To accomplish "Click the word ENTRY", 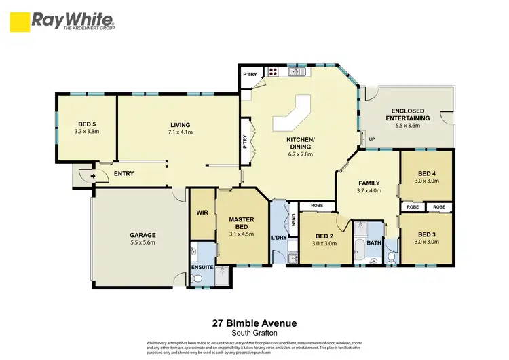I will pos(124,174).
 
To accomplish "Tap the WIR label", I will pos(202,212).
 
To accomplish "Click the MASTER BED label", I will pos(242,222).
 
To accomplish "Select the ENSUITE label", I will pos(203,267).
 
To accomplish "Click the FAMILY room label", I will pos(369,183).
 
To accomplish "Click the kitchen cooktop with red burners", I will pos(273,71).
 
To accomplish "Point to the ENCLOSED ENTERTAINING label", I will pos(407,115).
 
